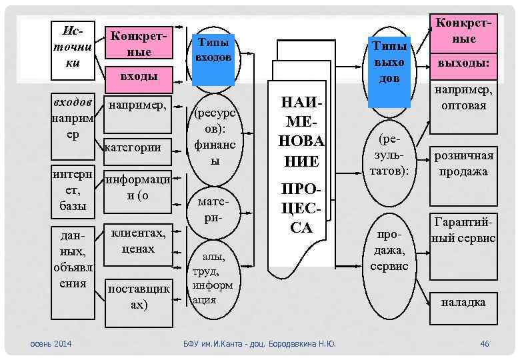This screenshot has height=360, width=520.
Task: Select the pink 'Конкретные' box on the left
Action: pos(137,43)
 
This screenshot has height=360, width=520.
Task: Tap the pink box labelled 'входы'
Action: pos(138,77)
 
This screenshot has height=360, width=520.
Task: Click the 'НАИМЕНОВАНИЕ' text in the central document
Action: pos(301,131)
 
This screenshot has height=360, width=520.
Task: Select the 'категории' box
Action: pos(137,148)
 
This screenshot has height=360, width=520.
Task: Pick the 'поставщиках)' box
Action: pos(138,296)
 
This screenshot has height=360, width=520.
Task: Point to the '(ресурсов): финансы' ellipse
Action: pos(214,137)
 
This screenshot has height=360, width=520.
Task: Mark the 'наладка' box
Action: pos(464,301)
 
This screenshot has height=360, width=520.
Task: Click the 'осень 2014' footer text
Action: pos(52,343)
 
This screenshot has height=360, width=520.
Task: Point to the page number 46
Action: pos(485,343)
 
